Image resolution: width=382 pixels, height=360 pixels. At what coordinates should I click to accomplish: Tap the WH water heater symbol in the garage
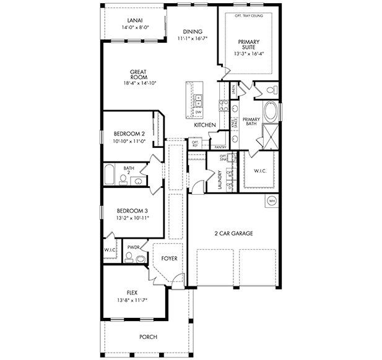click(x=271, y=200)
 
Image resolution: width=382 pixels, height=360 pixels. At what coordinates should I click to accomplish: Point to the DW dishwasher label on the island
click(x=198, y=112)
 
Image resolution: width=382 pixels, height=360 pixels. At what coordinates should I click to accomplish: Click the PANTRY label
click(x=219, y=147)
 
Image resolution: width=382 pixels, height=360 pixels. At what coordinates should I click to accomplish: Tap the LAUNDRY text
click(x=220, y=179)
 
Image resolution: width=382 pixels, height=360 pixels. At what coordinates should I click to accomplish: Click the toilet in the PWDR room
click(x=140, y=259)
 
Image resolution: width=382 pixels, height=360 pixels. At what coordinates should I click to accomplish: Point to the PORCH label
click(x=148, y=337)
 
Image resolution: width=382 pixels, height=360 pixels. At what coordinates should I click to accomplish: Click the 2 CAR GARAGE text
click(x=233, y=233)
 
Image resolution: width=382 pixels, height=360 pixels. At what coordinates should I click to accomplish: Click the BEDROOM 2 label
click(x=129, y=134)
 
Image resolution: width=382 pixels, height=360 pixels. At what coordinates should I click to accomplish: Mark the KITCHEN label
click(x=204, y=125)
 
